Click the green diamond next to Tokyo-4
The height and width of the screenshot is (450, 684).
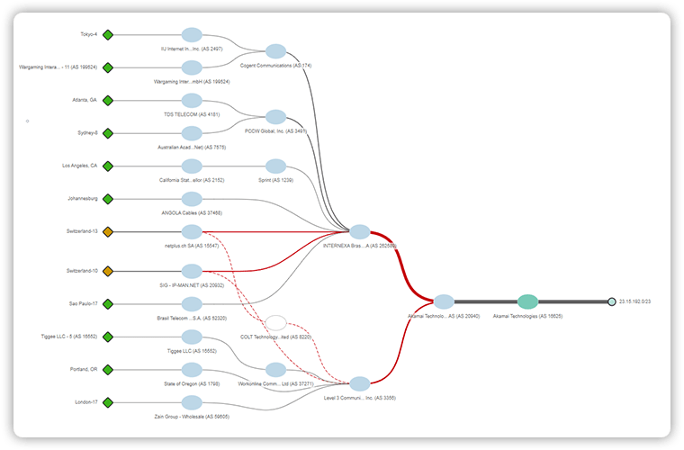pyautogui.click(x=108, y=35)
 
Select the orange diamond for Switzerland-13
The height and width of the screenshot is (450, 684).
pyautogui.click(x=108, y=231)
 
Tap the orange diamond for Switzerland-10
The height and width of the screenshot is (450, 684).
pyautogui.click(x=108, y=271)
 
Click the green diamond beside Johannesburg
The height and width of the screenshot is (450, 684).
pyautogui.click(x=108, y=199)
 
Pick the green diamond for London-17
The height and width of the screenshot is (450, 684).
pyautogui.click(x=108, y=402)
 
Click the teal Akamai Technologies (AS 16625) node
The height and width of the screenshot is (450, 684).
pyautogui.click(x=528, y=302)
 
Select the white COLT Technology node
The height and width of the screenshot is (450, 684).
pyautogui.click(x=276, y=322)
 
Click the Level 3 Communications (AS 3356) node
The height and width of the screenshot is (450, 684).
pyautogui.click(x=359, y=383)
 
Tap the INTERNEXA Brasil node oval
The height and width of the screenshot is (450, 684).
pyautogui.click(x=359, y=231)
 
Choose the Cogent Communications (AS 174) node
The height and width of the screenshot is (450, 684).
pyautogui.click(x=275, y=51)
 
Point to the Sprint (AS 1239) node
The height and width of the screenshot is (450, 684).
pyautogui.click(x=275, y=166)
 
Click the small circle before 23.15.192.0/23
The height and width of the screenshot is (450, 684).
pyautogui.click(x=611, y=302)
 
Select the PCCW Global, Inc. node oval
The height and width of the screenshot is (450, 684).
pyautogui.click(x=275, y=117)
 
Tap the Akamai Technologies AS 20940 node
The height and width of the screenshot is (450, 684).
pyautogui.click(x=444, y=302)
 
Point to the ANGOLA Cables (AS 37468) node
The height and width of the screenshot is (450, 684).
pyautogui.click(x=192, y=199)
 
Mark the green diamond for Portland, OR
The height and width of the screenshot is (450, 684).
pyautogui.click(x=108, y=370)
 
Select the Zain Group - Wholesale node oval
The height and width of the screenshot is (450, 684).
pyautogui.click(x=192, y=402)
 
